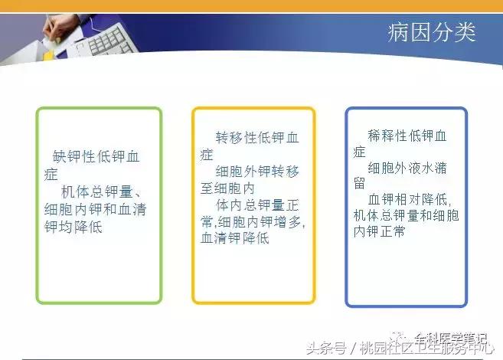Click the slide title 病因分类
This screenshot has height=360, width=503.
(432, 33)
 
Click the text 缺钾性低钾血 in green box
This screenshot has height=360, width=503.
(97, 157)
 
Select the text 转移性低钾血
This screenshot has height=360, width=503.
(256, 138)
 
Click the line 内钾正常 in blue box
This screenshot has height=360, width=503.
(379, 231)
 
